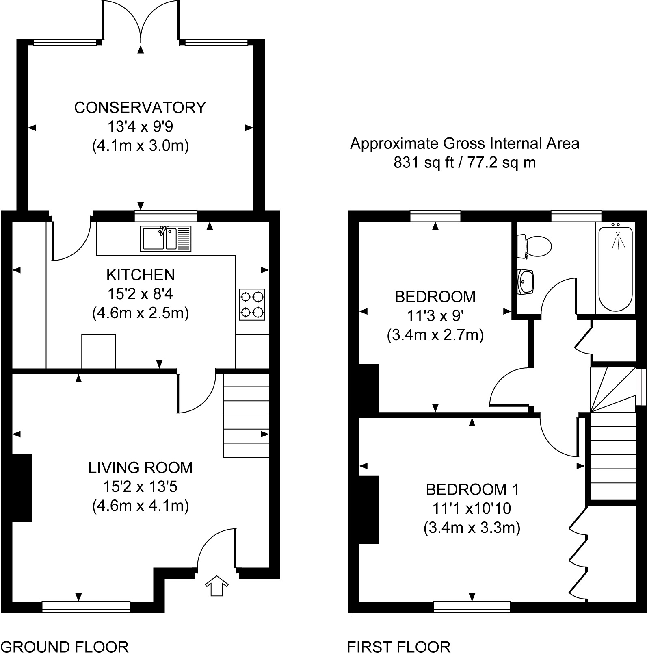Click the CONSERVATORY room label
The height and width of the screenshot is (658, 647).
tap(140, 107)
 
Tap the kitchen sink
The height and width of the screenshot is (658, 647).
tap(166, 239)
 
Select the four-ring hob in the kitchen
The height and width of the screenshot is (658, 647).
tap(252, 304)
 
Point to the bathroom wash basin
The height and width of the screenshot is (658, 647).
tap(525, 281)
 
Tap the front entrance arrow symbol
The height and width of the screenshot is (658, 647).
tap(216, 586)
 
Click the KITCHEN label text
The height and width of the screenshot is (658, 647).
tap(141, 275)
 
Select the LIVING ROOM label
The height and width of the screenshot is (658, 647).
tap(141, 468)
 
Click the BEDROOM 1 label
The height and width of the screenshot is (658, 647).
tap(472, 489)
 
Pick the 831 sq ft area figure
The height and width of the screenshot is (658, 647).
tap(418, 163)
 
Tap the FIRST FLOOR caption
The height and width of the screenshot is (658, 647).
tap(398, 646)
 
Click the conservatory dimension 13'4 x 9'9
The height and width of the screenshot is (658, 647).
tap(140, 126)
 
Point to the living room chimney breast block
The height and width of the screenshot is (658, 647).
tap(22, 487)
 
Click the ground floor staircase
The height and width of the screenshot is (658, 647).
tap(246, 415)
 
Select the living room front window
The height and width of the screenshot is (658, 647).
tap(86, 607)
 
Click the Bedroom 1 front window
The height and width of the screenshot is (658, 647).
tap(472, 607)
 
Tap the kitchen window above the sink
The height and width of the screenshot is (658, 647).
tap(166, 216)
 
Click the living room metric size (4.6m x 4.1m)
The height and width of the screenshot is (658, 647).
tap(141, 506)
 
